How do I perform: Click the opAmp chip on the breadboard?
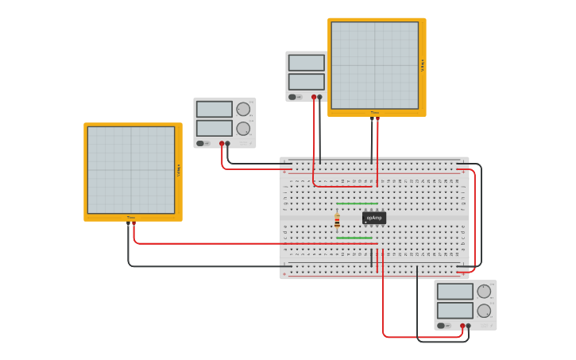coord(374,218)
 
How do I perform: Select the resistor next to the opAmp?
coord(337,221)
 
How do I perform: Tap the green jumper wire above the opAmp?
coord(357,203)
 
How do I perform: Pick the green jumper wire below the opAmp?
coord(354,238)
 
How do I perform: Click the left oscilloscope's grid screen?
coord(130,170)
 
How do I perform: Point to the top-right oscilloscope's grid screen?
coord(374,65)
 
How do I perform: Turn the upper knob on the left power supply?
coord(243,109)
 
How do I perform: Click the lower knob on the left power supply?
coord(243,128)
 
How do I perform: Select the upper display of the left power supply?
coord(214,110)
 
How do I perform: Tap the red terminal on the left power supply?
coord(222,144)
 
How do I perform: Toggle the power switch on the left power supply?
coord(200,144)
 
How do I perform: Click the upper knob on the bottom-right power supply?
coord(484,291)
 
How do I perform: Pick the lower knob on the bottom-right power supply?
coord(484,310)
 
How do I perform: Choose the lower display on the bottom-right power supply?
coord(454,311)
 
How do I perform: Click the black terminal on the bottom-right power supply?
coord(469,326)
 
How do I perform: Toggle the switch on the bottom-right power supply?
coord(441,326)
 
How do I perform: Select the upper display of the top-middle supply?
coord(306,63)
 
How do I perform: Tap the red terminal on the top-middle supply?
coord(314,97)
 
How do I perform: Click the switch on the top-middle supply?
coord(292,97)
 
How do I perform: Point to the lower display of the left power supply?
coord(214,128)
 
